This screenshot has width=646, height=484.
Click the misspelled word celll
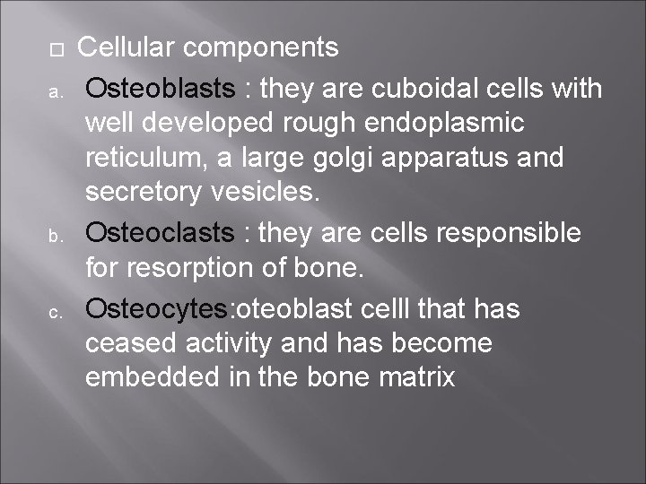(x=383, y=308)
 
